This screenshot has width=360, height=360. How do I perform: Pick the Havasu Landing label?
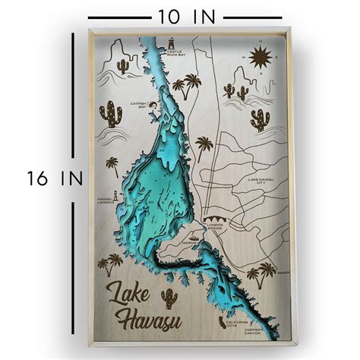click(x=106, y=201)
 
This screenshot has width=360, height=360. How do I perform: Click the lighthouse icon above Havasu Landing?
click(x=106, y=191)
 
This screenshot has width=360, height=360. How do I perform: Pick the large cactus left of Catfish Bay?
click(x=111, y=115)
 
